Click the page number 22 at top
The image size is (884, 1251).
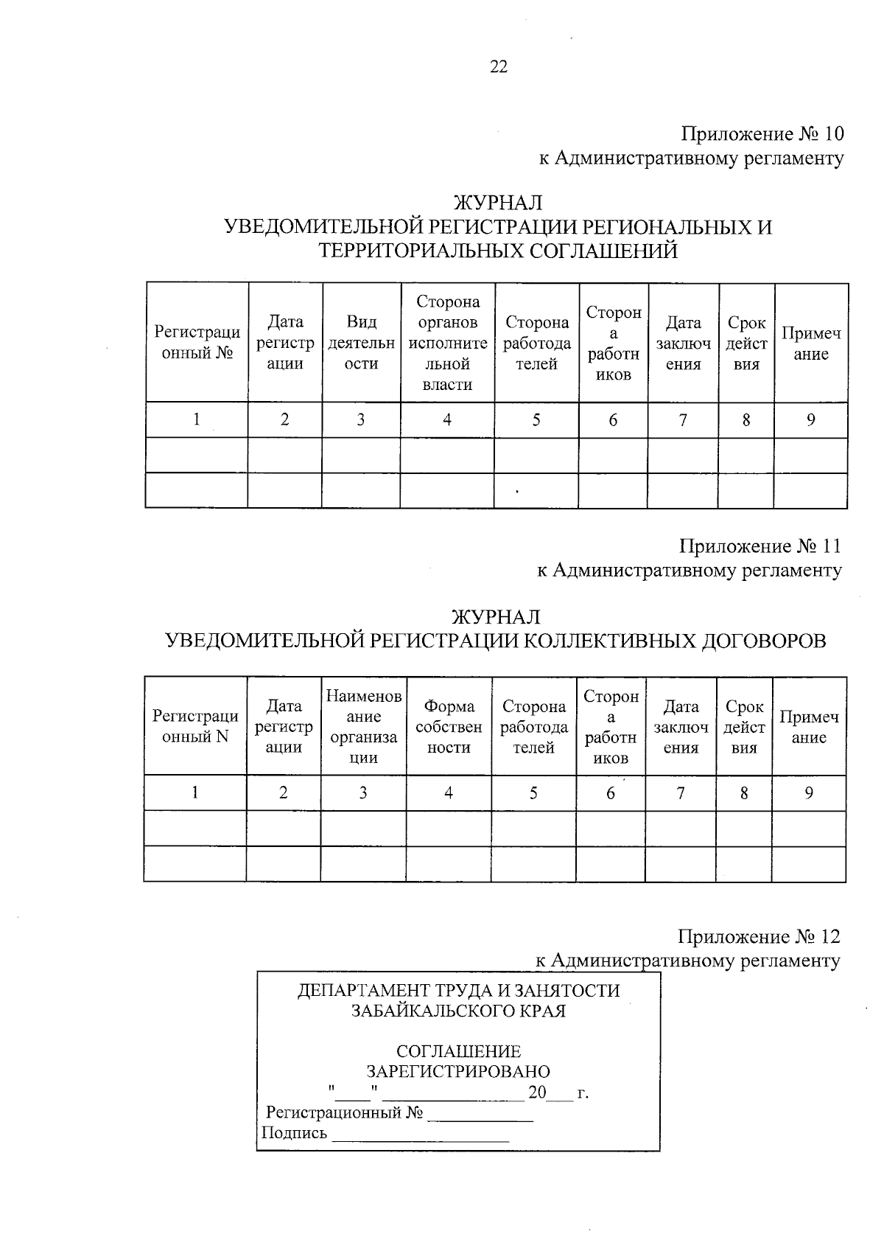tap(498, 67)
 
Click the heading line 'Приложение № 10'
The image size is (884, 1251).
tap(762, 134)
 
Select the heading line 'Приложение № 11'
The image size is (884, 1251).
tap(760, 546)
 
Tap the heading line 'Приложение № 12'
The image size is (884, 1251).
tap(759, 936)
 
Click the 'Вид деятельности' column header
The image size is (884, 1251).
tap(361, 343)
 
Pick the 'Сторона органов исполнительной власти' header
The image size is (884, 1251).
tap(448, 343)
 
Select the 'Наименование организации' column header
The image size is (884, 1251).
tap(363, 727)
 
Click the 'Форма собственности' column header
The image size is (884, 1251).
tap(449, 727)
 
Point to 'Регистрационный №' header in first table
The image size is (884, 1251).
tap(197, 343)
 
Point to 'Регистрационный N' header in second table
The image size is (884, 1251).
tap(195, 726)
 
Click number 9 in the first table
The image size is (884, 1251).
tap(810, 420)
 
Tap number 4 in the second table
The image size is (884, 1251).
tap(448, 793)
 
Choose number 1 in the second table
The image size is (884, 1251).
tap(195, 793)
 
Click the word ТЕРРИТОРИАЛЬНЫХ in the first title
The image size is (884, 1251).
tap(413, 251)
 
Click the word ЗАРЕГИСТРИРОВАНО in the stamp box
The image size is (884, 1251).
tap(458, 1071)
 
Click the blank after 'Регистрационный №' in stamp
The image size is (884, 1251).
tap(480, 1114)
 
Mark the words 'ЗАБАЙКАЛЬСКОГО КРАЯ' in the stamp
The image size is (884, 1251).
tap(458, 1011)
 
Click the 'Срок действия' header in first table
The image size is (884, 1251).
tap(746, 344)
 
